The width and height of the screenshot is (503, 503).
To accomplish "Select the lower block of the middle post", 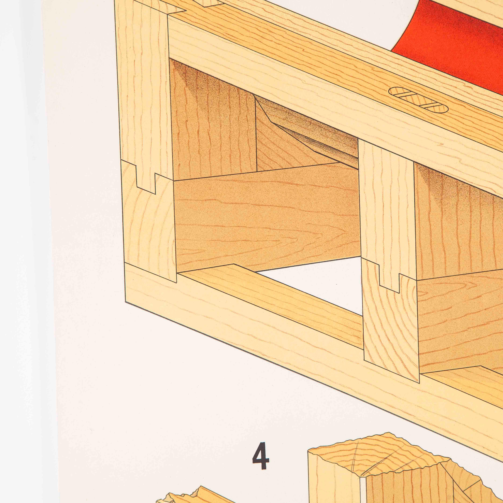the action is point(391,325).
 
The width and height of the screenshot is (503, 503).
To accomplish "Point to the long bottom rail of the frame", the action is point(312,364).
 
